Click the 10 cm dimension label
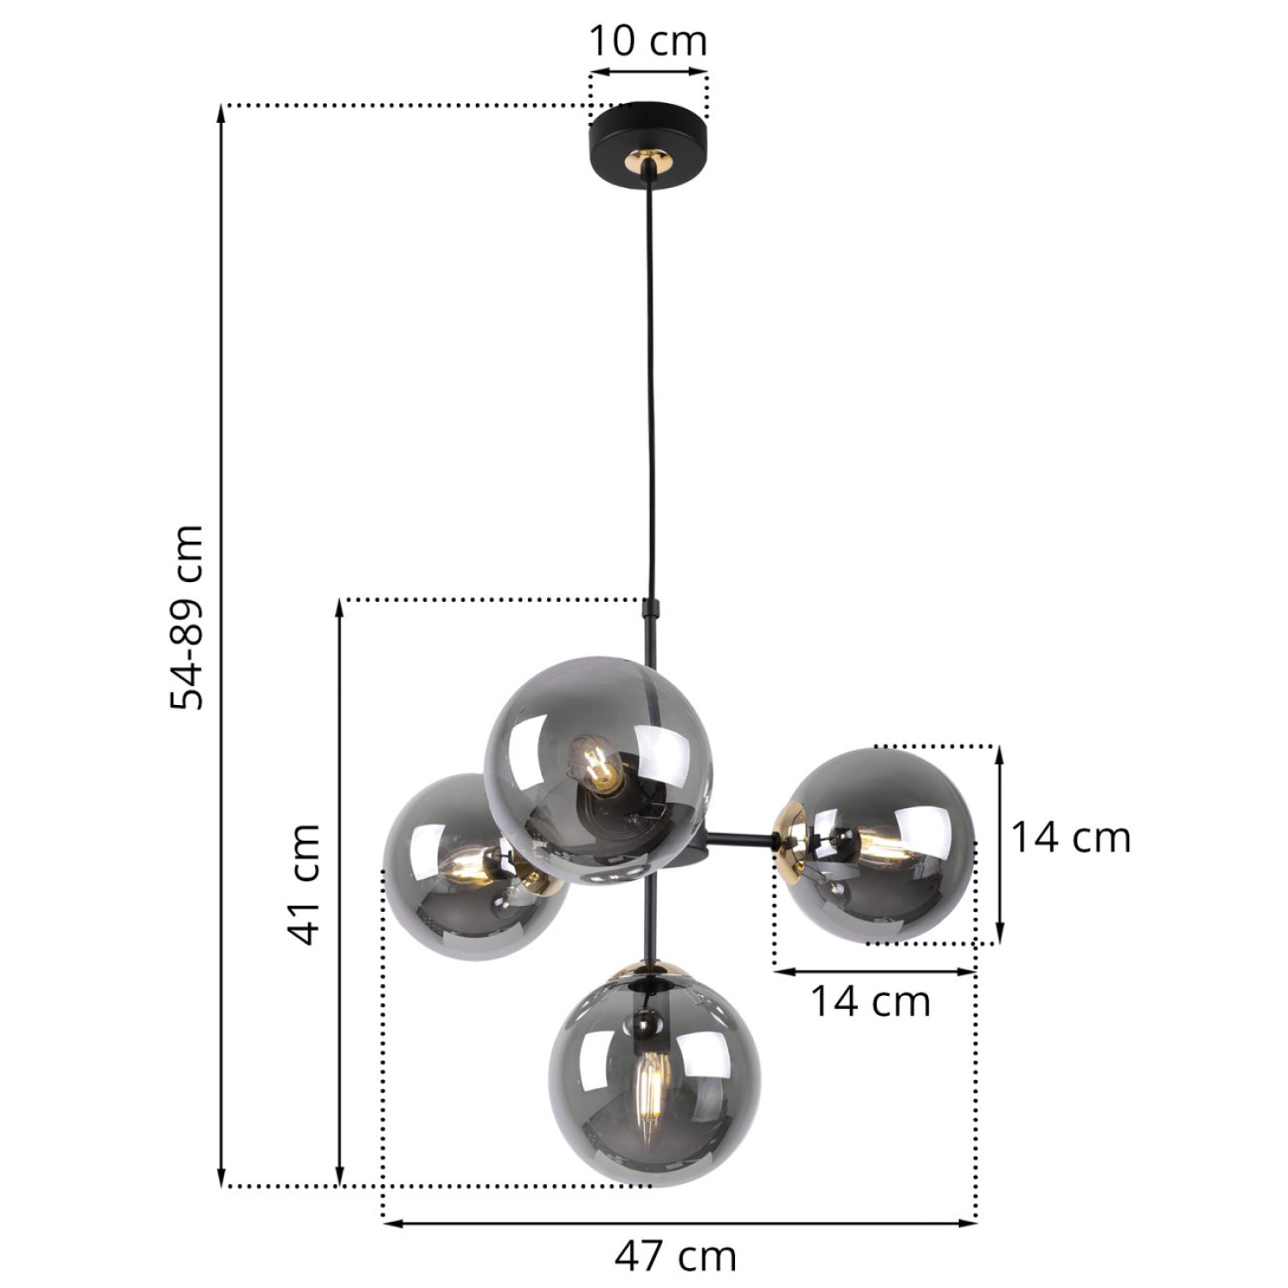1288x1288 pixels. click(647, 40)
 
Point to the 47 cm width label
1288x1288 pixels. click(676, 1256)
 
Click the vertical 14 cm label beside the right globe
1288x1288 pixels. click(1070, 837)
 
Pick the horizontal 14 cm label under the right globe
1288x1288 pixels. click(870, 1001)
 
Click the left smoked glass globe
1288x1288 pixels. click(455, 867)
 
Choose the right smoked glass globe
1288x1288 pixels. click(884, 846)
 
